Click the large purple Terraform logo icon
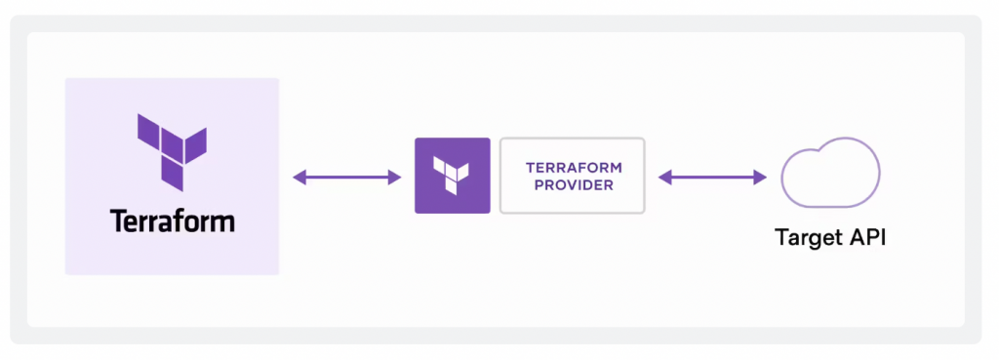[171, 150]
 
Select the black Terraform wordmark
[172, 220]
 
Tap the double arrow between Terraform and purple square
[347, 177]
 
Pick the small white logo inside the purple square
[452, 175]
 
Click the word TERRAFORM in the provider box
[573, 167]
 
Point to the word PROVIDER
[573, 184]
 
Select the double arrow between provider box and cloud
[712, 177]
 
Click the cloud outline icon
[829, 176]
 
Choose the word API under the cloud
[865, 238]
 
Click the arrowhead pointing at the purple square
[395, 177]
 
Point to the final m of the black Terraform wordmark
[221, 222]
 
